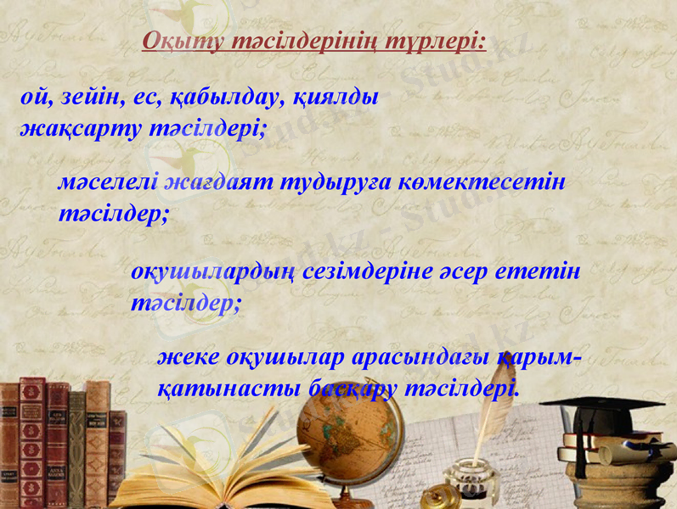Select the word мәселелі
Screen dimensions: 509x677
tap(108, 182)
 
